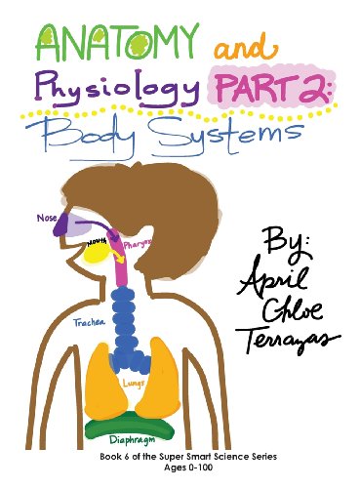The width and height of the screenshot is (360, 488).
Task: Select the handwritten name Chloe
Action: [x=289, y=320]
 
